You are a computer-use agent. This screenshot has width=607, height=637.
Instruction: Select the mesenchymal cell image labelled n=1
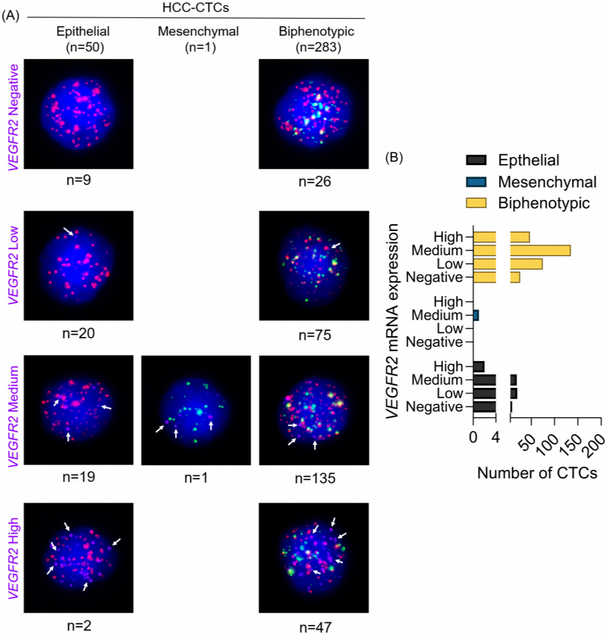click(196, 409)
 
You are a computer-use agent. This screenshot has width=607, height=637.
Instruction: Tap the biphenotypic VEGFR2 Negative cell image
click(313, 113)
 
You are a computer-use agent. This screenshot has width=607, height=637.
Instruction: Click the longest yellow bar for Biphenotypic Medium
click(540, 250)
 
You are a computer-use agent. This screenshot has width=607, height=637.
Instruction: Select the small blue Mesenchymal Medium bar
click(476, 315)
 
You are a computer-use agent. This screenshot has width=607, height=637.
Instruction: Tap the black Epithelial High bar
click(479, 366)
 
